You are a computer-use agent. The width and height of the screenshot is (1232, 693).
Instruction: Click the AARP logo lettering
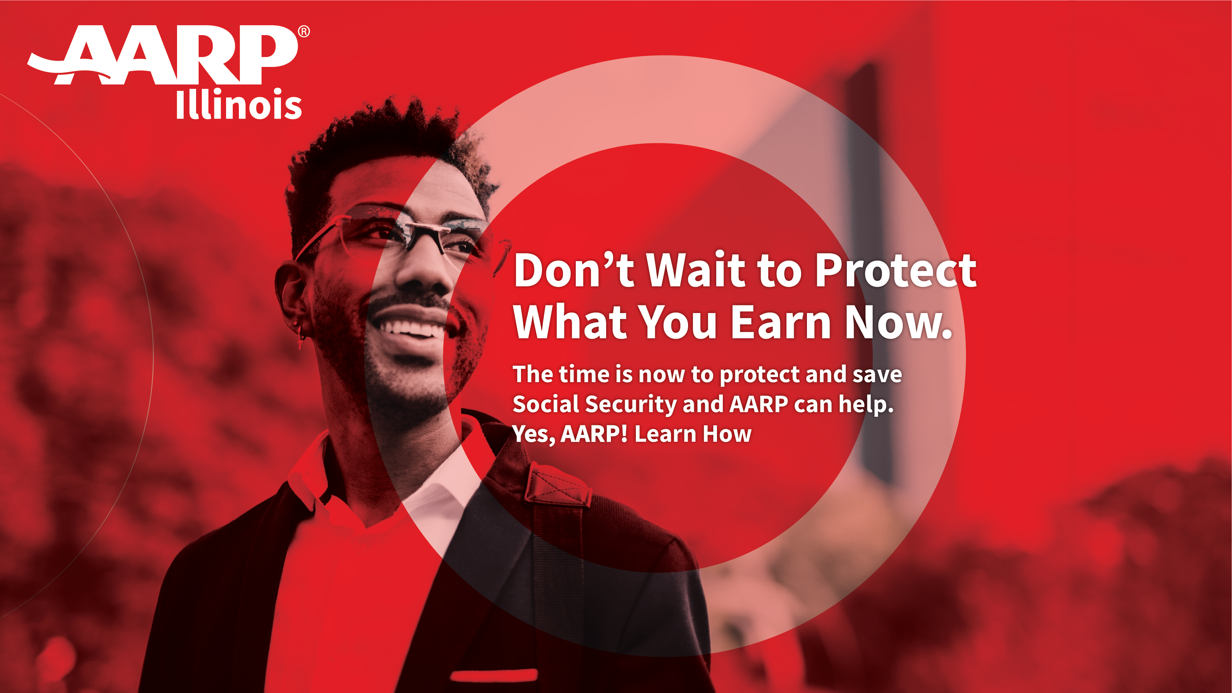(163, 54)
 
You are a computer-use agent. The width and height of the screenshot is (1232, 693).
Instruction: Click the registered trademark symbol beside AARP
(304, 31)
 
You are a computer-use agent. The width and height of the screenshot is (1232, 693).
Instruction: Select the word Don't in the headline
(574, 270)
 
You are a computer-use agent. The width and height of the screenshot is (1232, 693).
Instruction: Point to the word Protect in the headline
(896, 270)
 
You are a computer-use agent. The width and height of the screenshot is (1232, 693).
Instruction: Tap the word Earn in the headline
(781, 322)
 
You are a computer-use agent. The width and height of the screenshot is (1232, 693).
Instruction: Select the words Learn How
(693, 434)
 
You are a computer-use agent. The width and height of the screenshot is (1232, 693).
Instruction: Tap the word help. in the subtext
(866, 404)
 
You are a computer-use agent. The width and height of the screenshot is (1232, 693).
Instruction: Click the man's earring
(300, 334)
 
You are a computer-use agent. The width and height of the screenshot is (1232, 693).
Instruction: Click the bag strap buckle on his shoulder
(557, 485)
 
